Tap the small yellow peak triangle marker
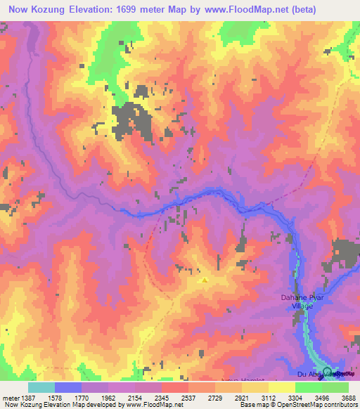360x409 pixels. pos(205,279)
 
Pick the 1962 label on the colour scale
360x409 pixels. pos(108,397)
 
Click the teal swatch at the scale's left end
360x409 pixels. pos(41,387)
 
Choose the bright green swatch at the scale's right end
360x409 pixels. pos(335,387)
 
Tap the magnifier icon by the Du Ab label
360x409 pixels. pos(327,372)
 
